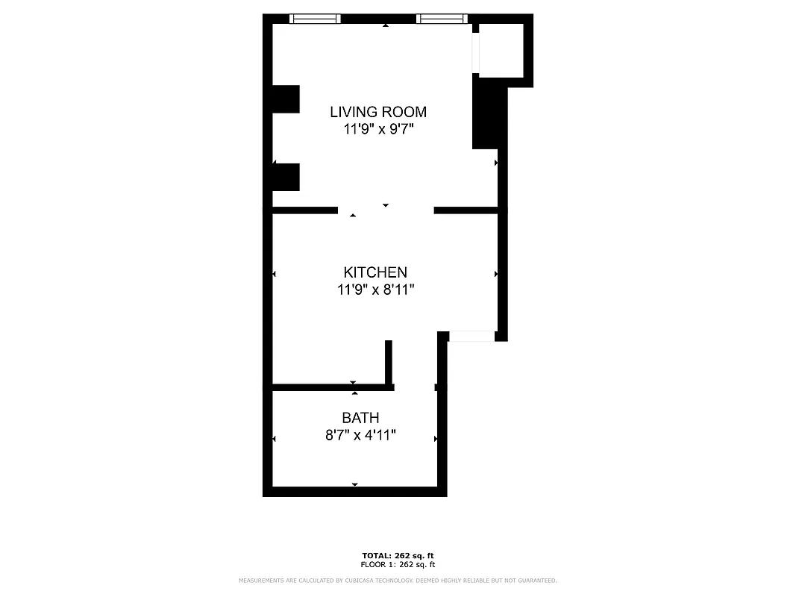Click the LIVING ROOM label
[378, 112]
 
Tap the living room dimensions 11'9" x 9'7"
[378, 129]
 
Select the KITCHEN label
[375, 272]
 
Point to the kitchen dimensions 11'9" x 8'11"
[375, 290]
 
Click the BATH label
[360, 418]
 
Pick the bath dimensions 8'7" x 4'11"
[360, 435]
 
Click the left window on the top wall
[315, 19]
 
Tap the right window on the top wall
[442, 19]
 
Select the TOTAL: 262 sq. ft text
[398, 556]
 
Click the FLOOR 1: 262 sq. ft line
[398, 565]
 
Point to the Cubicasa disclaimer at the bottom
[398, 581]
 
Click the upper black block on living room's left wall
[286, 99]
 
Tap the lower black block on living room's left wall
[286, 177]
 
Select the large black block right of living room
[489, 116]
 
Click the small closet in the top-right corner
[501, 50]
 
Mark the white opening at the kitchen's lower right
[471, 337]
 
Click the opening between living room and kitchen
[386, 210]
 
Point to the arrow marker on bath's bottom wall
[355, 485]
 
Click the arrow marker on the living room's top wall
[386, 25]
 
